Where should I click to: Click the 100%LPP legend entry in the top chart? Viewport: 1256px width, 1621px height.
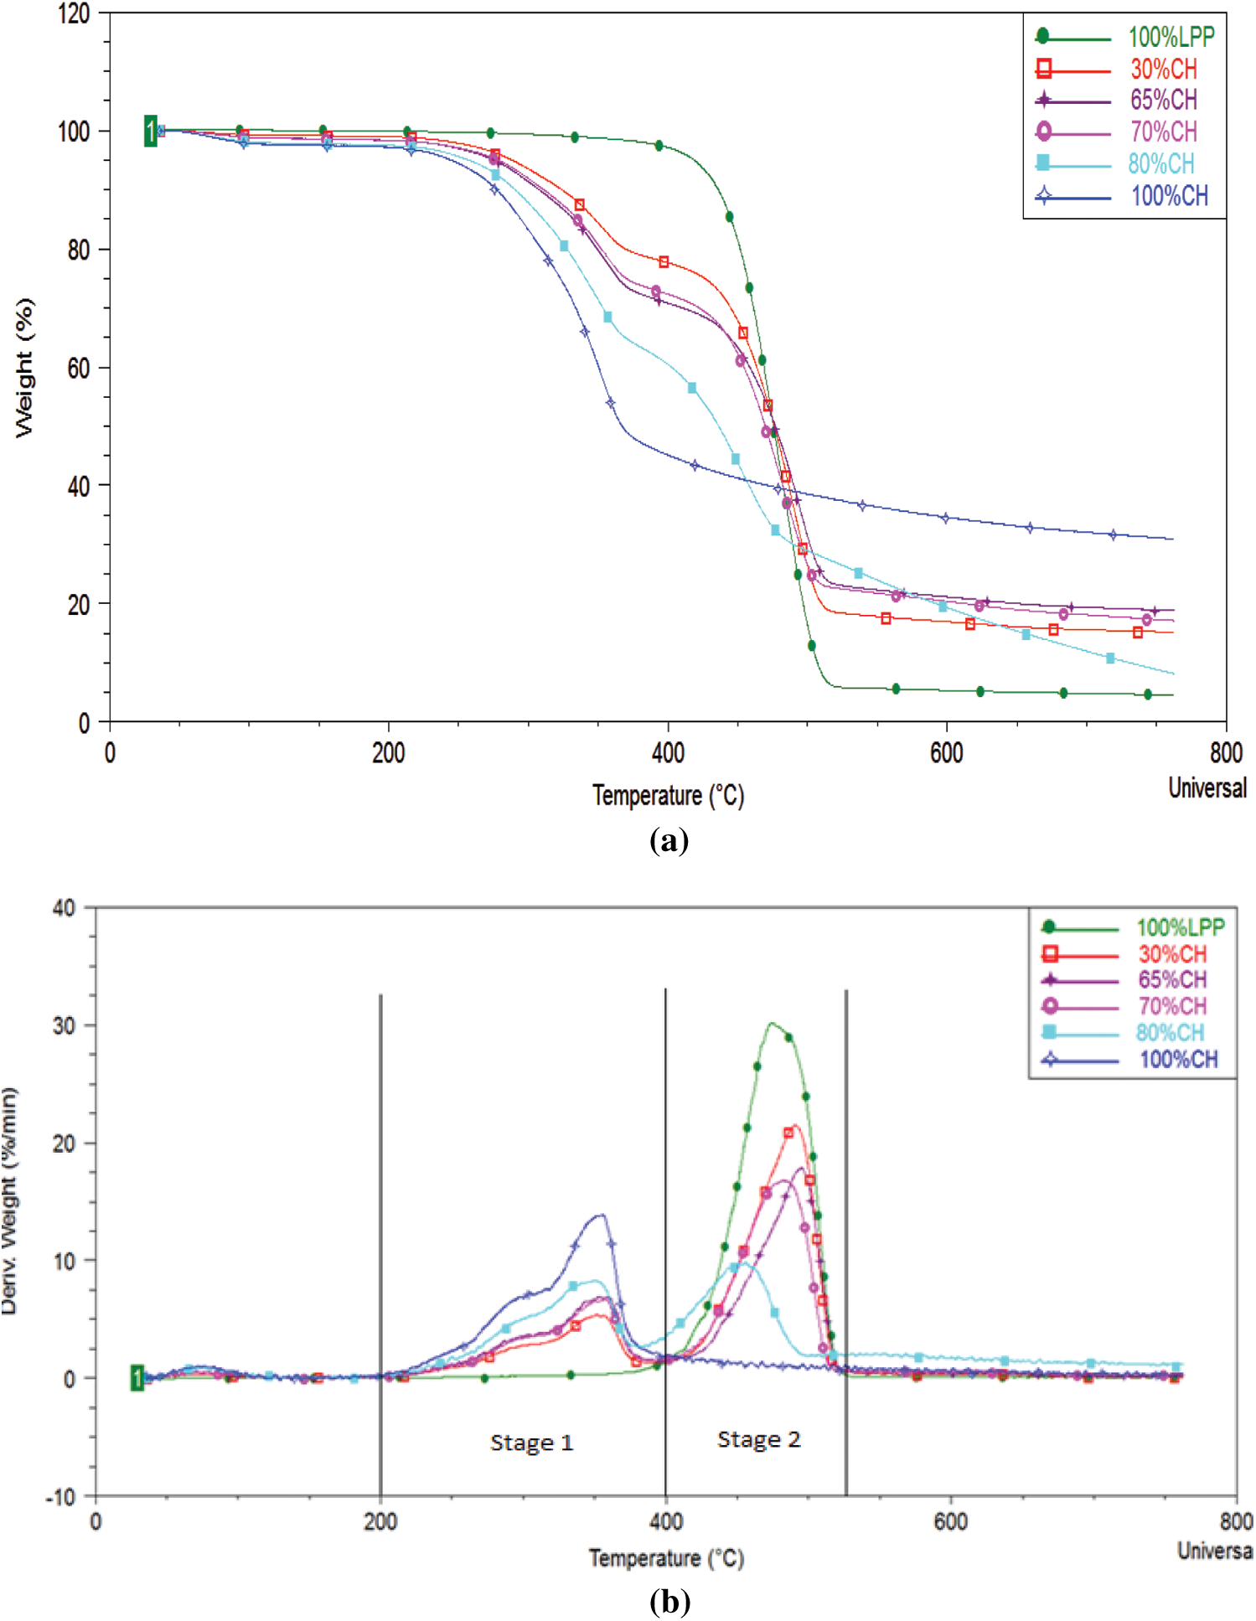point(1170,37)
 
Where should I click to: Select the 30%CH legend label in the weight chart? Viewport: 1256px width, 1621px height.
point(1164,69)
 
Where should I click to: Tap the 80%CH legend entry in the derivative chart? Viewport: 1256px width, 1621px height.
point(1170,1032)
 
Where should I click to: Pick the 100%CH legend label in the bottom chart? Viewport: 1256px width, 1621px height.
point(1178,1059)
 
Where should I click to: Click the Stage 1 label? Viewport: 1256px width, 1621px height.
point(531,1443)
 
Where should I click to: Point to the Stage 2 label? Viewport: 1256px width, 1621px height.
point(758,1439)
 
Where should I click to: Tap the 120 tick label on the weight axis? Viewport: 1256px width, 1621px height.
point(74,13)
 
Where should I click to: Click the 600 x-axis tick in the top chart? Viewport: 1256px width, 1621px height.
point(946,753)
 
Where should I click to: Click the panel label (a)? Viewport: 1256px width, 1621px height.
point(669,839)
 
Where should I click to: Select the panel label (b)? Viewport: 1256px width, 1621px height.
point(669,1602)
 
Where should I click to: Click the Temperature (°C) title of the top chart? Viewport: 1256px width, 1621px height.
point(668,795)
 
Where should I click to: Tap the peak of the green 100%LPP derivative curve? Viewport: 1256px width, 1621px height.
point(772,1024)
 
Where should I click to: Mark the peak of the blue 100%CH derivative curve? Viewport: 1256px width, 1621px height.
point(600,1215)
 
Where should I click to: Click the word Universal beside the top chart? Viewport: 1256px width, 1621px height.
point(1207,788)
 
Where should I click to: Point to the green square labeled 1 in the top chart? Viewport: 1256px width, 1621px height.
point(150,131)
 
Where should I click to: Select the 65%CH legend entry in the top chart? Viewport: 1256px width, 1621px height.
point(1163,100)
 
